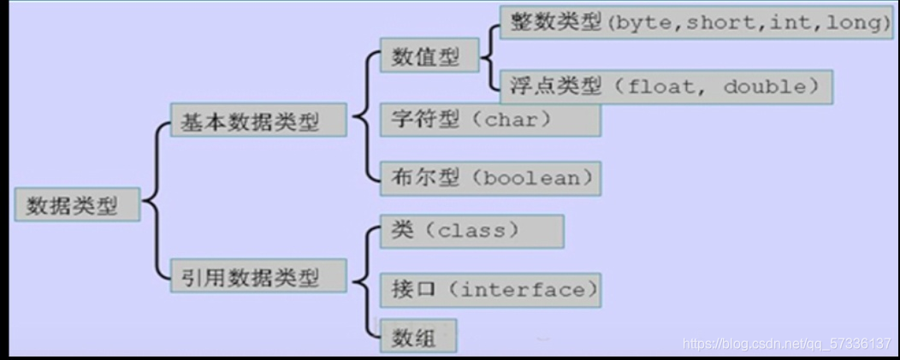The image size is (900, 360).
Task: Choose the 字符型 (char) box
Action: (489, 119)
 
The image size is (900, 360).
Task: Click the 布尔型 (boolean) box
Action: (489, 178)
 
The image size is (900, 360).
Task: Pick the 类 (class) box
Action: (471, 231)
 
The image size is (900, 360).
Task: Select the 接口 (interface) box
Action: (489, 290)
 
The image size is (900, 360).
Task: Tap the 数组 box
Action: (417, 337)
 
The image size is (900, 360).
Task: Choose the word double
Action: (764, 86)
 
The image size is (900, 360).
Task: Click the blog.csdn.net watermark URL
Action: (787, 344)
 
